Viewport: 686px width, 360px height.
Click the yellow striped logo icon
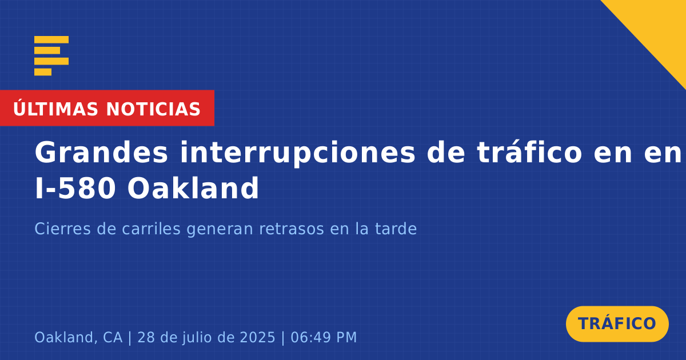coord(51,56)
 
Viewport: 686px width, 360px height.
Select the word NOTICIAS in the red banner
coord(153,109)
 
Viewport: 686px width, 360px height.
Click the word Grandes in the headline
coord(101,153)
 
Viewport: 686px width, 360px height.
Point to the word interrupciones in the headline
coord(297,153)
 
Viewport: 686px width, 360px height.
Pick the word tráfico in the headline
coord(529,152)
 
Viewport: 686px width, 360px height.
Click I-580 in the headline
coord(75,188)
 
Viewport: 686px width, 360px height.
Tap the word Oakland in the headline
coord(193,187)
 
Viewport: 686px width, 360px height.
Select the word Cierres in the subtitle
coord(62,229)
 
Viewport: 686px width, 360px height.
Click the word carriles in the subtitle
coord(151,229)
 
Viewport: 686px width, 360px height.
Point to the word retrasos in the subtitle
coord(292,229)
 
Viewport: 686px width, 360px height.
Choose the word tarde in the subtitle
coord(396,229)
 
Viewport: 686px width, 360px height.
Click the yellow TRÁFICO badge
coord(617,324)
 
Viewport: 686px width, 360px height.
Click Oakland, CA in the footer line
coord(78,338)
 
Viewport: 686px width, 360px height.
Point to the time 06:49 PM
coord(324,337)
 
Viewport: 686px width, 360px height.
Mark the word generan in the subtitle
coord(220,230)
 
